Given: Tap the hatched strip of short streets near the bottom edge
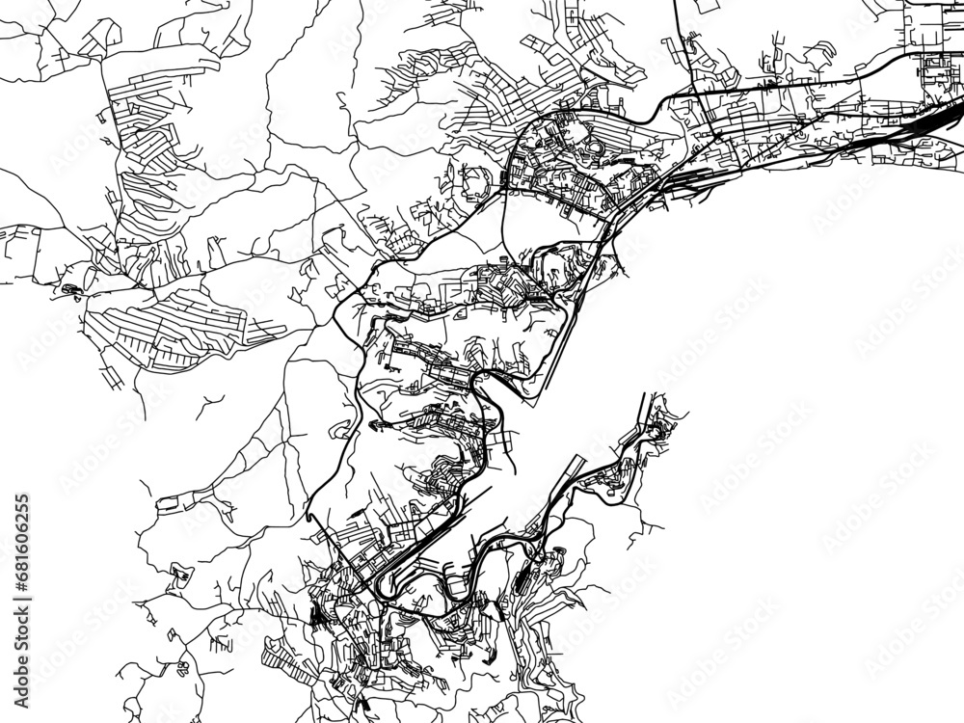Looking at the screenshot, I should tap(289, 679).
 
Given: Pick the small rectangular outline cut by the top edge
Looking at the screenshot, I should tap(709, 6).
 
